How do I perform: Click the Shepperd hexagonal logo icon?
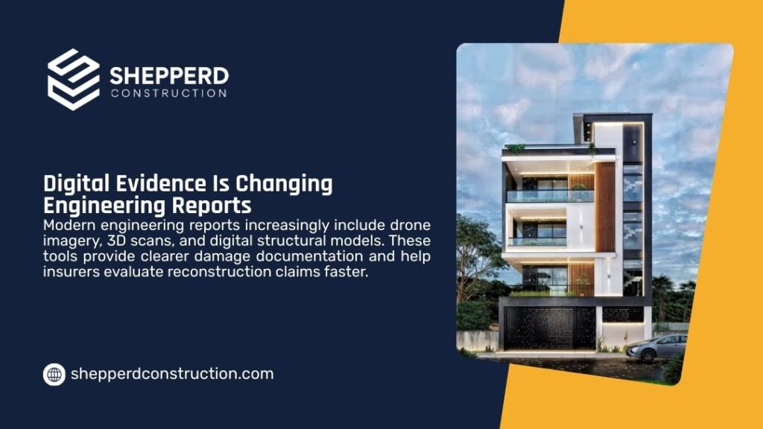point(73,80)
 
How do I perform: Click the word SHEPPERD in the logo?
point(169,75)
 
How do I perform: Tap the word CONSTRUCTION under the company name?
point(168,94)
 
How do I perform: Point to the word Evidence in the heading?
point(165,184)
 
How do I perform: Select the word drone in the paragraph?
point(411,225)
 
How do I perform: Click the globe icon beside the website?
point(54,374)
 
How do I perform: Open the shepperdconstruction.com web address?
point(171,374)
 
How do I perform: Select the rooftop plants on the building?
point(516,148)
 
